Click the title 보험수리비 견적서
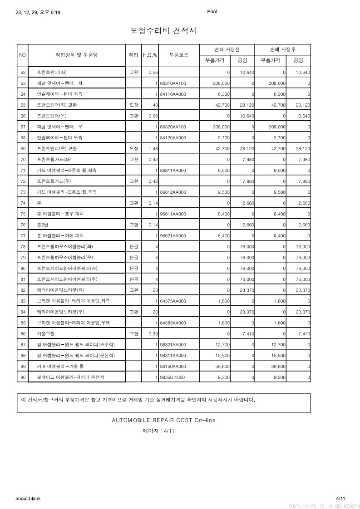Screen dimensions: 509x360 point(163,31)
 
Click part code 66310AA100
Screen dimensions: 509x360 point(173,83)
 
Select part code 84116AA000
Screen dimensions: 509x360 point(173,94)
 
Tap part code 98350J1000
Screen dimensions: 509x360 point(172,377)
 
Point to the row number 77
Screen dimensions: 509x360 point(23,236)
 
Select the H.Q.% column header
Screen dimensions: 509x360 point(150,55)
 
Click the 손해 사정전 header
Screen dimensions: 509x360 point(227,49)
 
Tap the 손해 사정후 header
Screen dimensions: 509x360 point(283,49)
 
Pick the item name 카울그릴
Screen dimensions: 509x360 point(46,334)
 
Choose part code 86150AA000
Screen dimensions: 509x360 point(173,367)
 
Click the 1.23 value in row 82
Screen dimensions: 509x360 point(153,290)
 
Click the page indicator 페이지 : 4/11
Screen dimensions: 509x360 point(158,431)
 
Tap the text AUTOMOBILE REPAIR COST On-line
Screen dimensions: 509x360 point(163,420)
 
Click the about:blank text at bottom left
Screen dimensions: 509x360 point(28,498)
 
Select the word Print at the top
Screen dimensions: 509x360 point(212,12)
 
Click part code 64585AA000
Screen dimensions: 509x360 point(173,323)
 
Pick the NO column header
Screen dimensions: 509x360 point(23,55)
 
